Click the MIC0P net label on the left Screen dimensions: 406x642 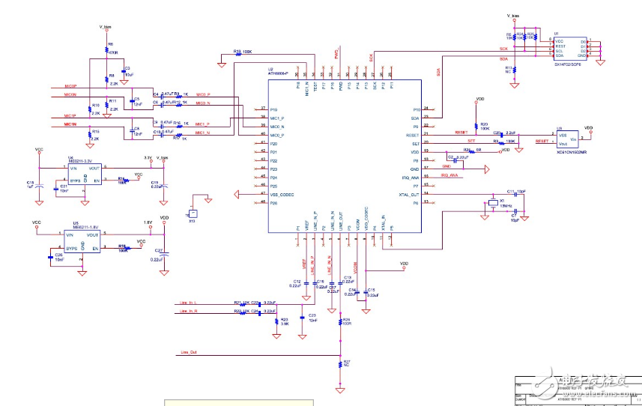pyautogui.click(x=70, y=87)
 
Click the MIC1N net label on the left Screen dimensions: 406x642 pyautogui.click(x=70, y=124)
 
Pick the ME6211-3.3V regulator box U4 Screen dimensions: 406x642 pyautogui.click(x=84, y=174)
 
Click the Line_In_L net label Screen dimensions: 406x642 pyautogui.click(x=189, y=301)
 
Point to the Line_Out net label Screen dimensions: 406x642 pyautogui.click(x=189, y=351)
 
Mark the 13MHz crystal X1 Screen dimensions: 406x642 pyautogui.click(x=494, y=204)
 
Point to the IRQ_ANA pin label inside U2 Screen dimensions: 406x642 pyautogui.click(x=409, y=176)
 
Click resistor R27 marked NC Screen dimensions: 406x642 pyautogui.click(x=341, y=363)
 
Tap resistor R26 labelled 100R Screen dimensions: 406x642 pyautogui.click(x=341, y=321)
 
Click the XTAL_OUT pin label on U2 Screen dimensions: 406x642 pyautogui.click(x=408, y=194)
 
